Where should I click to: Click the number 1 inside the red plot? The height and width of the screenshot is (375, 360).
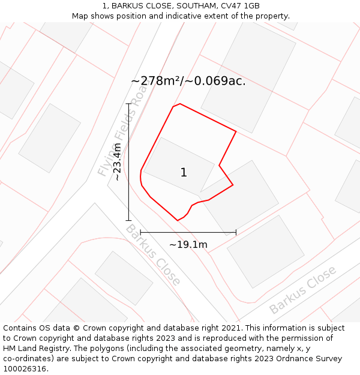[x=184, y=173]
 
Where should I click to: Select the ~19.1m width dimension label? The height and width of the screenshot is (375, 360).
[x=188, y=244]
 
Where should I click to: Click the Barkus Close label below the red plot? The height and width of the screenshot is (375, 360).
[x=152, y=255]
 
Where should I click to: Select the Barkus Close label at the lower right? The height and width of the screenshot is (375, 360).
[x=303, y=290]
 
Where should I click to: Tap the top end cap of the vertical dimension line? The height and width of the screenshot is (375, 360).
[x=128, y=104]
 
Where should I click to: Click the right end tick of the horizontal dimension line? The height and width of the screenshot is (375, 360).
[x=236, y=232]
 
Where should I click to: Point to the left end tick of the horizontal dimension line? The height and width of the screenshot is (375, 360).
[x=140, y=232]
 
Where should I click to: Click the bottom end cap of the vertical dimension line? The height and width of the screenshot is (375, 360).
[x=128, y=220]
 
